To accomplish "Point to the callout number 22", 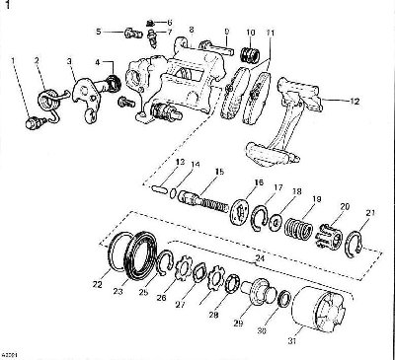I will point(98,284).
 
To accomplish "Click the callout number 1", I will point(14,62).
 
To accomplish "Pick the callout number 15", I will point(192,172).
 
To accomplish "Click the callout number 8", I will point(191,30).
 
